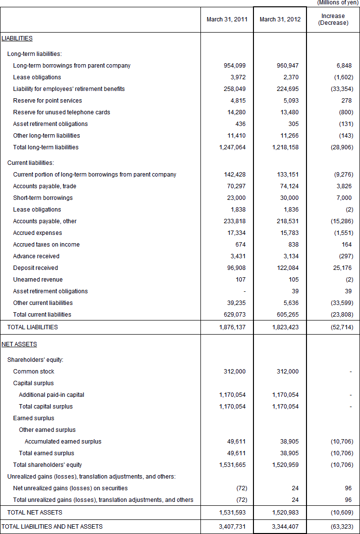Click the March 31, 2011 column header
(x=227, y=19)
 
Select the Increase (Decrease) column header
(x=333, y=19)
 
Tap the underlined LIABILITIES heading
(x=17, y=38)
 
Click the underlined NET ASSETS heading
(x=19, y=344)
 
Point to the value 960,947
(x=286, y=66)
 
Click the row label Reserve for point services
(x=48, y=101)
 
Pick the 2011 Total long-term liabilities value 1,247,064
(x=233, y=147)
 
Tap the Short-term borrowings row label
(x=43, y=198)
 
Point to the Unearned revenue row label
(x=38, y=280)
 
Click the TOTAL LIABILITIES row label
(x=33, y=327)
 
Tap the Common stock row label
(x=34, y=372)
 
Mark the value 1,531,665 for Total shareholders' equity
(x=233, y=465)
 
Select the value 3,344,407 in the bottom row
(x=286, y=526)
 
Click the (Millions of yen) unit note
(x=338, y=3)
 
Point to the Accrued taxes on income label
(x=46, y=245)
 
